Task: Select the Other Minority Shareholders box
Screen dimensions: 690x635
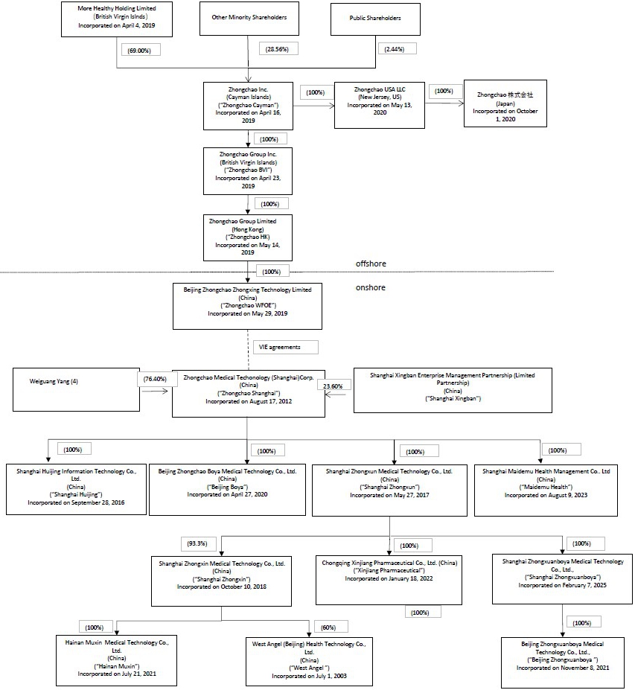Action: click(248, 19)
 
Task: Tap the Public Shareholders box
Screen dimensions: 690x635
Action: click(375, 19)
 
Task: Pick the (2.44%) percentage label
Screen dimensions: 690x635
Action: click(397, 48)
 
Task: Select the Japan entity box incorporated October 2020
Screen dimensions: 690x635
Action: click(505, 103)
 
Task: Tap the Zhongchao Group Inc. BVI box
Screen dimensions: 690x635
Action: click(248, 170)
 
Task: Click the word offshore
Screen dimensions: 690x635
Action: click(371, 263)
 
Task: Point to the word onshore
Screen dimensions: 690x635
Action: click(371, 287)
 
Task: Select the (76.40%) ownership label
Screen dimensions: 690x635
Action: click(160, 379)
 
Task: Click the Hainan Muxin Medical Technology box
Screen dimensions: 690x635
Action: click(117, 660)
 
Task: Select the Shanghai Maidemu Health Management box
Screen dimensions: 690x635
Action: click(546, 488)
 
